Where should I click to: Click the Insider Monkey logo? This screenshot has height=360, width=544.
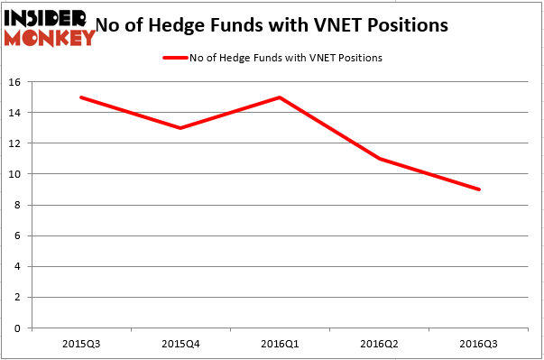click(x=50, y=27)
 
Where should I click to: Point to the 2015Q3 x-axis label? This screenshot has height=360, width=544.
click(x=81, y=344)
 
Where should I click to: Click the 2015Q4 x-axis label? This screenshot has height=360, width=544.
click(x=180, y=344)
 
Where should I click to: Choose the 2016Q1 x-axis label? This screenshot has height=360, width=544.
click(x=281, y=344)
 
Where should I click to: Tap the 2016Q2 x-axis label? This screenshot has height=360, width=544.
click(x=380, y=344)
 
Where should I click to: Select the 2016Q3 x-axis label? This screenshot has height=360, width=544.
click(x=479, y=344)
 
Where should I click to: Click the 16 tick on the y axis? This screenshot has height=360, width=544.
click(x=15, y=81)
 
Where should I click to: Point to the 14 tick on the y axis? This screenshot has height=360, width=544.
click(x=15, y=112)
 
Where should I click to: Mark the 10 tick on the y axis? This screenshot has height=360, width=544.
click(x=15, y=174)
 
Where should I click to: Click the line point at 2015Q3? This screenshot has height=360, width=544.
click(x=81, y=97)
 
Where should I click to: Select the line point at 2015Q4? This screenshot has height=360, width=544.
click(x=180, y=127)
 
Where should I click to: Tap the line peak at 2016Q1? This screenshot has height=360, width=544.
click(x=281, y=97)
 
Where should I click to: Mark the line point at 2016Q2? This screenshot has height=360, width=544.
click(x=380, y=159)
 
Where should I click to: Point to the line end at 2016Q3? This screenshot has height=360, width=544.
click(x=479, y=189)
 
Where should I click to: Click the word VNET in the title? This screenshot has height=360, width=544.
click(x=346, y=25)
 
